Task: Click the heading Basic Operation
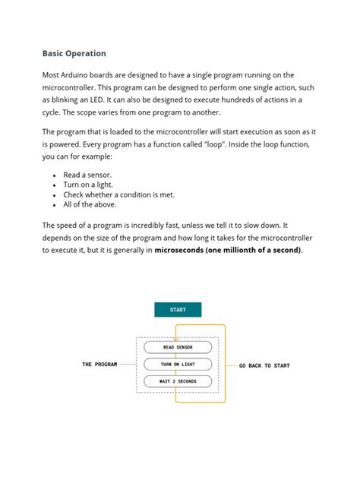click(x=74, y=54)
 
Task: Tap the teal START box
click(x=178, y=310)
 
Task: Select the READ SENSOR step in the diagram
click(x=178, y=348)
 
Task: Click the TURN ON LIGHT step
click(x=178, y=365)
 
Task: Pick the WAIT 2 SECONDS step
click(x=178, y=381)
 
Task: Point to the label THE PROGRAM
click(x=99, y=365)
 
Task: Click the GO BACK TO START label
click(x=264, y=366)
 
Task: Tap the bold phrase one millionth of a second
click(x=253, y=250)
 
